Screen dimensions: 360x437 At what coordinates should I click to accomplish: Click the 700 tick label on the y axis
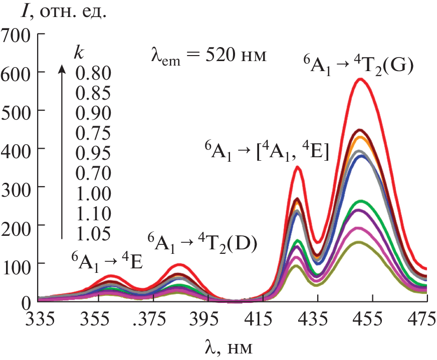[x=17, y=35]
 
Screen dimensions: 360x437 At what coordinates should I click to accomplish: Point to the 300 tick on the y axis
[x=17, y=186]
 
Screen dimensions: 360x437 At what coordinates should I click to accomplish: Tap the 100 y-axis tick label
[x=17, y=263]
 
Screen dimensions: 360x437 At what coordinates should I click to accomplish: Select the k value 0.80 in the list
[x=93, y=73]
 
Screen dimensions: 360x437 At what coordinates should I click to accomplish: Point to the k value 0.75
[x=93, y=134]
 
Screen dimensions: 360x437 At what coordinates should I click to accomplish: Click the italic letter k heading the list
[x=78, y=53]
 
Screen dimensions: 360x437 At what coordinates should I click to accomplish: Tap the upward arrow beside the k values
[x=62, y=150]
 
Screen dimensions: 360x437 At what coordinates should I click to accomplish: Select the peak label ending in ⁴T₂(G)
[x=358, y=66]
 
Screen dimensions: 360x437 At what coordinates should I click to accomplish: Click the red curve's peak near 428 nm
[x=298, y=167]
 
